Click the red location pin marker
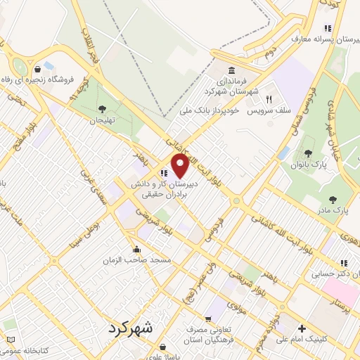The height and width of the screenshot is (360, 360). coord(181,166)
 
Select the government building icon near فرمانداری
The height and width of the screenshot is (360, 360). coord(232,71)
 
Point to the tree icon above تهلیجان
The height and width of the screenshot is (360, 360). coord(103,109)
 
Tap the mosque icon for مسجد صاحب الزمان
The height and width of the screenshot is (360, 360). coord(136,249)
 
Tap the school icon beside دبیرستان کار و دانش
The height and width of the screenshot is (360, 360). coord(163,173)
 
